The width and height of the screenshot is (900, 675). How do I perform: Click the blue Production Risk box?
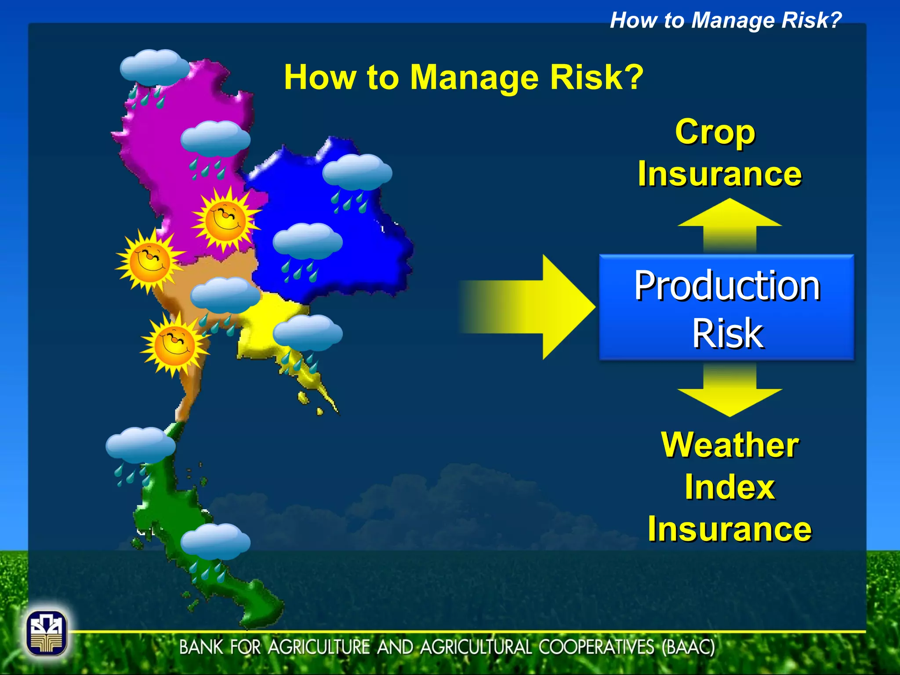point(726,308)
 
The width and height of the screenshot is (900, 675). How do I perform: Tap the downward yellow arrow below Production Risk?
point(729,391)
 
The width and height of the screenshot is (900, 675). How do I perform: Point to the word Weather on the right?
point(729,445)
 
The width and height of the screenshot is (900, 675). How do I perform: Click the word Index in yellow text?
point(729,487)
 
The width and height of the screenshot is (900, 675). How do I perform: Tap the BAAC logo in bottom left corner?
point(47,633)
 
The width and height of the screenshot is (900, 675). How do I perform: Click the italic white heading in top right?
point(725,20)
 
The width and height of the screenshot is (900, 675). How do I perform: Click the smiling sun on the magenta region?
point(225,219)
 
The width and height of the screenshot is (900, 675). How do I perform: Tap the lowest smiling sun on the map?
point(174,344)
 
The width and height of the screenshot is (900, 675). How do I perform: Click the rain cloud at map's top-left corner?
point(154,68)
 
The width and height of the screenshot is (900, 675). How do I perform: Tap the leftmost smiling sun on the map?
point(149,261)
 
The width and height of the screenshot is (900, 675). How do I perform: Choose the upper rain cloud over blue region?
point(357,173)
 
